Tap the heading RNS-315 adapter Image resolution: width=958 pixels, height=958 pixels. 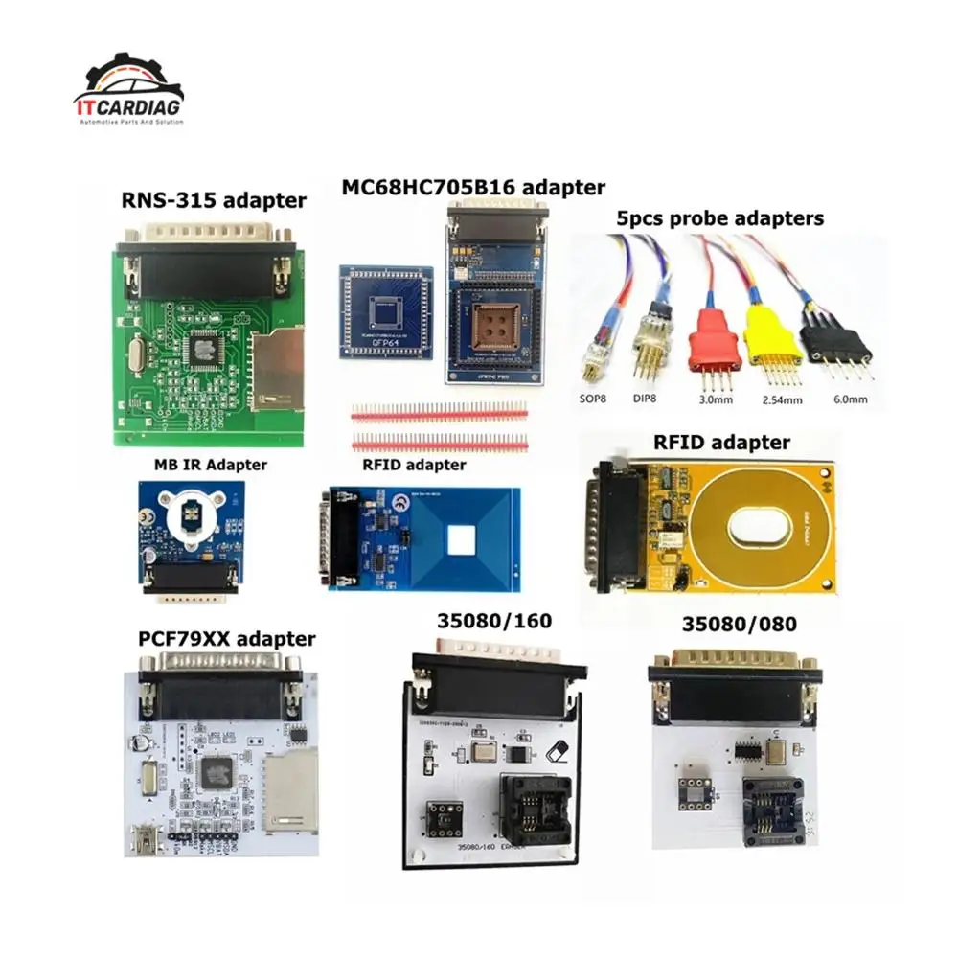(x=214, y=200)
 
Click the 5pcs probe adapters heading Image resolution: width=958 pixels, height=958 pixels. (x=719, y=218)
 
